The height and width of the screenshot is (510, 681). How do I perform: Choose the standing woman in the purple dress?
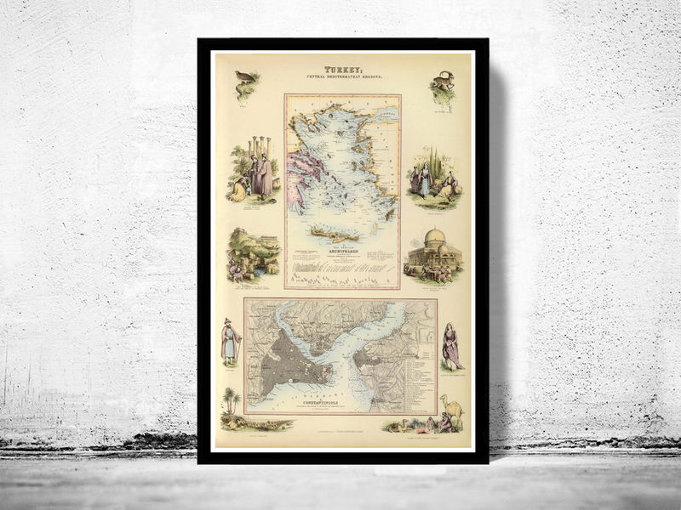450,345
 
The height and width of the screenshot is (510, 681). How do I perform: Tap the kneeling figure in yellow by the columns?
239,189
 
